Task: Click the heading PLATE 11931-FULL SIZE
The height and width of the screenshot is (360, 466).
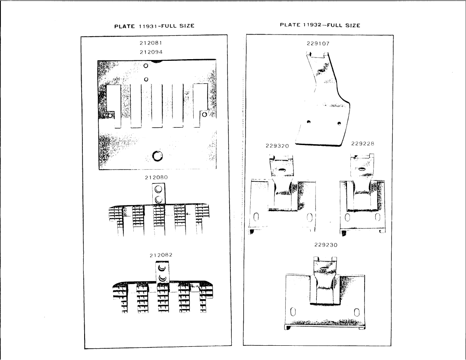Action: click(x=154, y=26)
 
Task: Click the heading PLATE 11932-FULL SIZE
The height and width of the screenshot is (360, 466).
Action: click(x=320, y=25)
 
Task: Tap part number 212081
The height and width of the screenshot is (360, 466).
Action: click(x=151, y=43)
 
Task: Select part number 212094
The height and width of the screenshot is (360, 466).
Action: click(x=151, y=52)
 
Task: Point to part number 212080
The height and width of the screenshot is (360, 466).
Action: click(x=156, y=177)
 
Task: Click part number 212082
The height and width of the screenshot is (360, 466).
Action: click(x=161, y=255)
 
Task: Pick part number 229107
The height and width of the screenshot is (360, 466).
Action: click(x=318, y=44)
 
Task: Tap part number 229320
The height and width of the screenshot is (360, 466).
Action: click(x=277, y=145)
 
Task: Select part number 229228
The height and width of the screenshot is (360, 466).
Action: click(x=362, y=144)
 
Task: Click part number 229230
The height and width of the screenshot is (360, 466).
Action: click(x=326, y=245)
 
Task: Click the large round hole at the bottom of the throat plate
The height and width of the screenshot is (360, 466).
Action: click(x=157, y=155)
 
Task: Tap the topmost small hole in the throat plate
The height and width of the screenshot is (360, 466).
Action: click(x=146, y=66)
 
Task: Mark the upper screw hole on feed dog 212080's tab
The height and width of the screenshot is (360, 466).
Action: click(x=159, y=189)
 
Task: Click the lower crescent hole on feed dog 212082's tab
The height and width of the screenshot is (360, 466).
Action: click(x=162, y=278)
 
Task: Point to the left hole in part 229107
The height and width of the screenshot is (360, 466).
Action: click(x=309, y=122)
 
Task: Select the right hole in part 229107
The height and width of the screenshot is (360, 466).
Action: click(x=339, y=123)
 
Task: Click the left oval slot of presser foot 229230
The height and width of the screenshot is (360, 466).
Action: click(x=293, y=312)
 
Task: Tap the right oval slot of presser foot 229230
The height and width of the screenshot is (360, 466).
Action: click(x=357, y=312)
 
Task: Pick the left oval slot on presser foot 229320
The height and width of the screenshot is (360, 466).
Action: click(x=256, y=217)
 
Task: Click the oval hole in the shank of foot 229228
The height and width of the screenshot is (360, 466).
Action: click(x=362, y=169)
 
